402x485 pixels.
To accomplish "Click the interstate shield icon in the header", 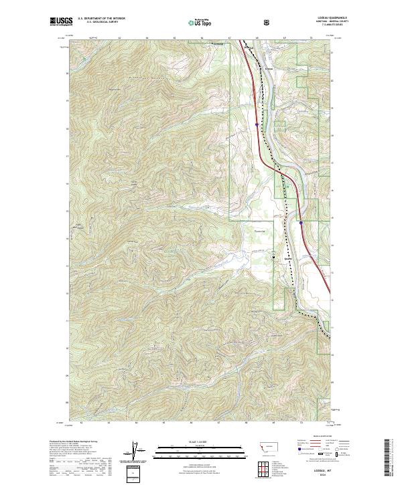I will [x=267, y=22].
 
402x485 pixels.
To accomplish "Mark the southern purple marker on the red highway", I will [x=301, y=223].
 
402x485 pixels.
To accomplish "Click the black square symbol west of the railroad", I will [x=273, y=256].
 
